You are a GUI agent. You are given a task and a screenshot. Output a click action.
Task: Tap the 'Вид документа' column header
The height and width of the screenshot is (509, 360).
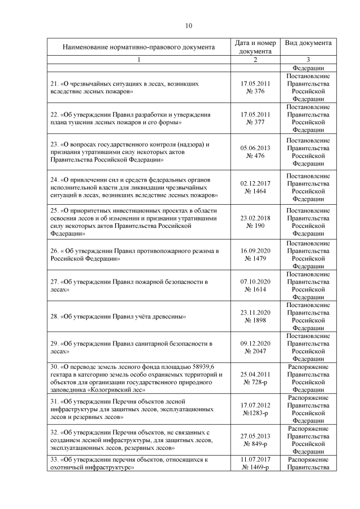(308, 43)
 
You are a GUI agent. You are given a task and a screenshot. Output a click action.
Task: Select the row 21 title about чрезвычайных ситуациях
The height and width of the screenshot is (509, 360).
(124, 87)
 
